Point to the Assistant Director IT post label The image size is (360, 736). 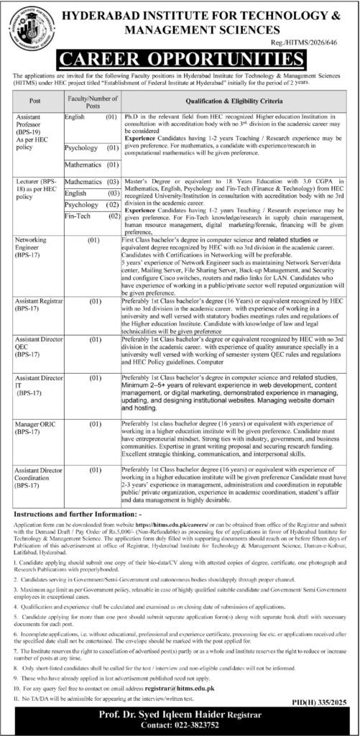[33, 385]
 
